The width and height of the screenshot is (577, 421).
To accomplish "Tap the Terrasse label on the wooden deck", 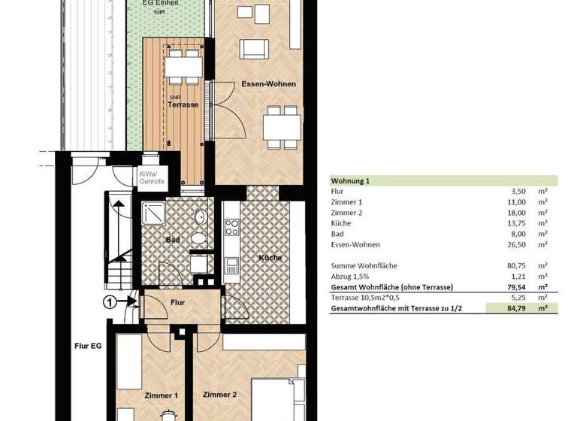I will tap(183, 104).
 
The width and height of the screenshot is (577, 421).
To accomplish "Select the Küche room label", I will tap(270, 258).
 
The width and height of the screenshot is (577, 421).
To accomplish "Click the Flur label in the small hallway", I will tap(177, 302).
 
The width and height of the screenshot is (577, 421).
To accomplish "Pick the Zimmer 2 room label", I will tap(219, 394).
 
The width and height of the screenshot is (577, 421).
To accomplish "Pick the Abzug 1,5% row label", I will tap(351, 276).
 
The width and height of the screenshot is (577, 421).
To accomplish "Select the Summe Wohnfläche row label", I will tap(364, 265).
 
